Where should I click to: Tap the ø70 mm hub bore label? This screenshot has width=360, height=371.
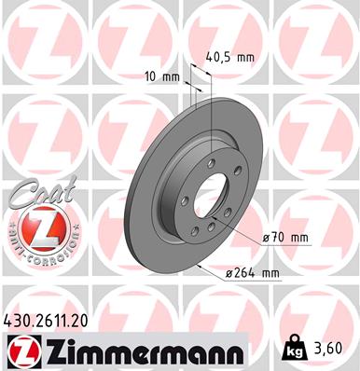[285, 238]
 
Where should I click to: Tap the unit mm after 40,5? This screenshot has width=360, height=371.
[245, 56]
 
